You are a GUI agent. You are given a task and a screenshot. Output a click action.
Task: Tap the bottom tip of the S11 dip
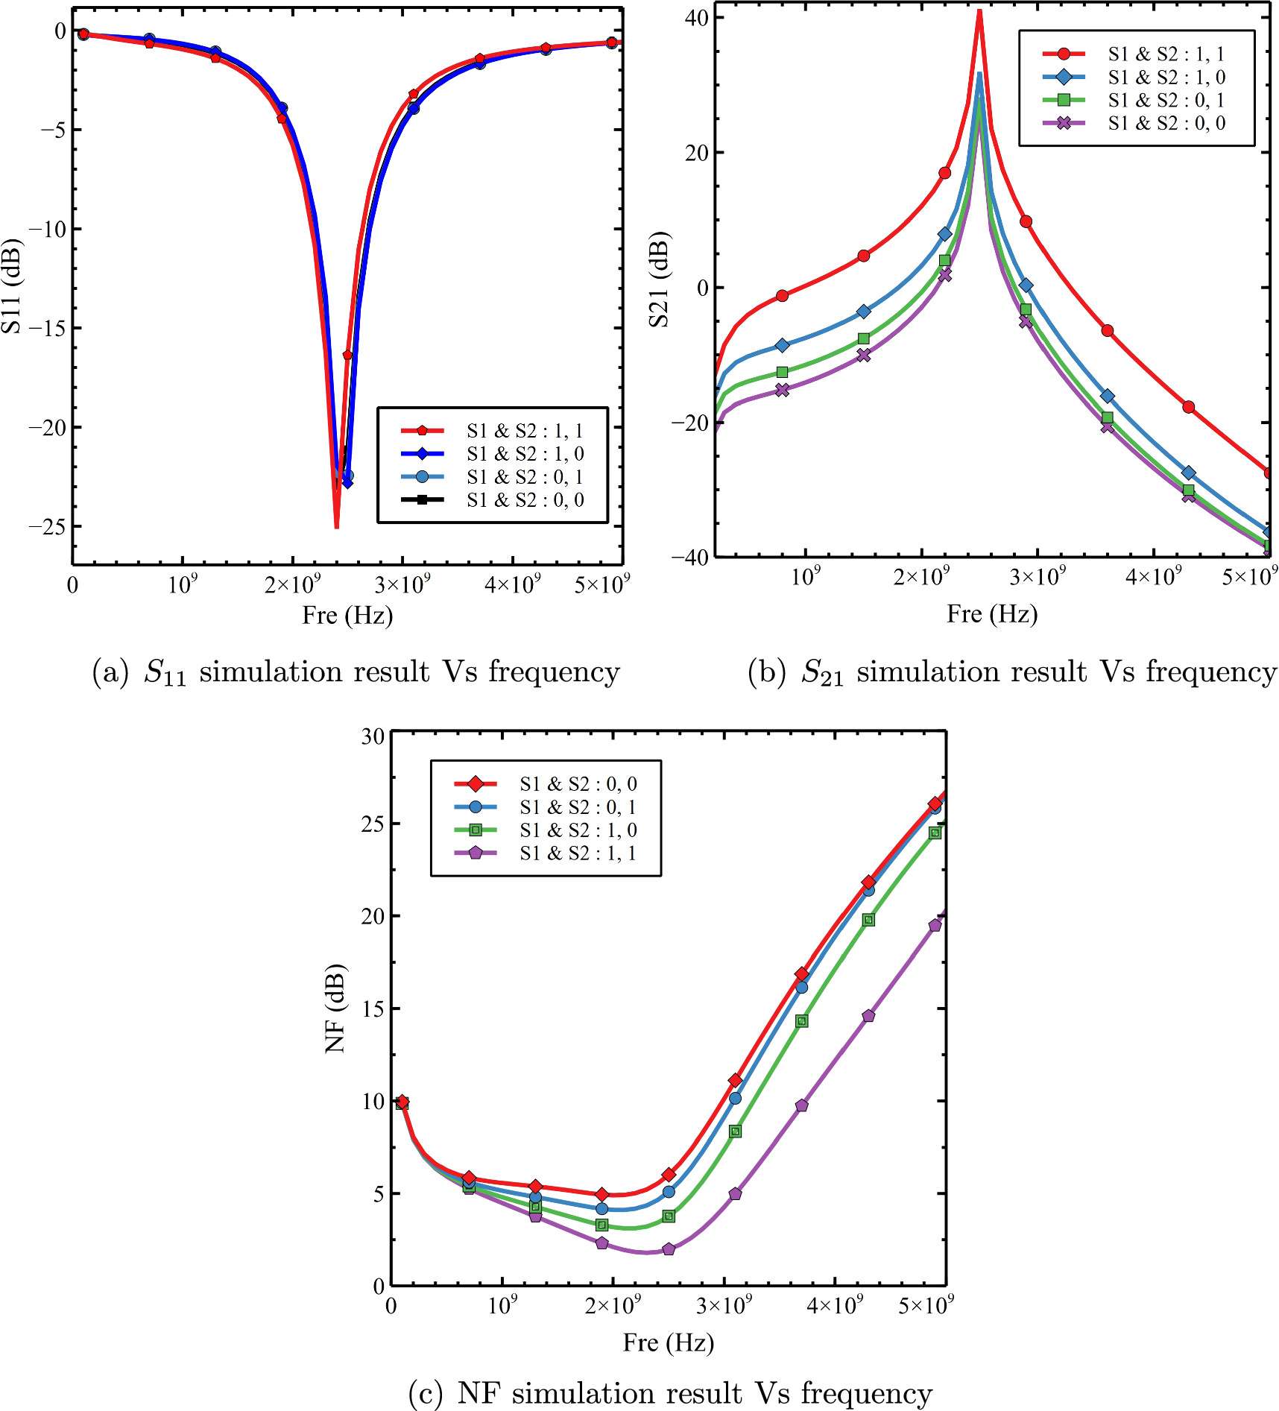336,526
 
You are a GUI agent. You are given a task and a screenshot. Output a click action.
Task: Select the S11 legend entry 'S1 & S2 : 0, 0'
525,499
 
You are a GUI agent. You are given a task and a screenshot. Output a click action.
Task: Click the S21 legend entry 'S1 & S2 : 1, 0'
1166,77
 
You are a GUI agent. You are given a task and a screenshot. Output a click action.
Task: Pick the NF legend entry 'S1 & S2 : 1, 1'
578,853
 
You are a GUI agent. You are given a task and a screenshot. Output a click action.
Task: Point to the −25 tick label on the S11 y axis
48,526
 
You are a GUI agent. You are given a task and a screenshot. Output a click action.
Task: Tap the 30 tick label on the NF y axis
373,736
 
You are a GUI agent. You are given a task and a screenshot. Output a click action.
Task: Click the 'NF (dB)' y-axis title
335,1008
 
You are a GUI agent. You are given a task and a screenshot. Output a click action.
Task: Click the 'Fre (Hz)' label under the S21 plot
991,614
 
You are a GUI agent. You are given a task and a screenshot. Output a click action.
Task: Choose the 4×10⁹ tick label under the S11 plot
513,584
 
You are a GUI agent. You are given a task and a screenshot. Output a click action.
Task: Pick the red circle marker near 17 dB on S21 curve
944,173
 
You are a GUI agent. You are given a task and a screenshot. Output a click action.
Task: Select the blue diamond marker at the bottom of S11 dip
347,483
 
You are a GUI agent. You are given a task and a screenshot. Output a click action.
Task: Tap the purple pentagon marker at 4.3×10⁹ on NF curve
868,1016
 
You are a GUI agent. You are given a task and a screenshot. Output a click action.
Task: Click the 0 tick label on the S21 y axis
701,288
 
